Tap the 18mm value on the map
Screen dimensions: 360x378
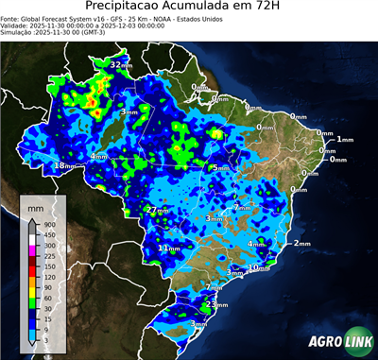click(x=64, y=166)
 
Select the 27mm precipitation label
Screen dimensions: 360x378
click(x=158, y=209)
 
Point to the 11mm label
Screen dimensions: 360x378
click(x=167, y=249)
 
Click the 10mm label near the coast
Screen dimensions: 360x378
click(x=260, y=268)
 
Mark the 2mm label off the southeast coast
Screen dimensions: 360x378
click(x=301, y=244)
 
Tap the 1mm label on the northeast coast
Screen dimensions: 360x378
click(x=344, y=140)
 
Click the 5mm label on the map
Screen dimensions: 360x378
click(x=220, y=168)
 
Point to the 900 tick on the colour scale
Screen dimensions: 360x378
click(x=48, y=224)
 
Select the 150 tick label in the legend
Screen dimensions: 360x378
click(x=48, y=266)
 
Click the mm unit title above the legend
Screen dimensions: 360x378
click(x=36, y=205)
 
